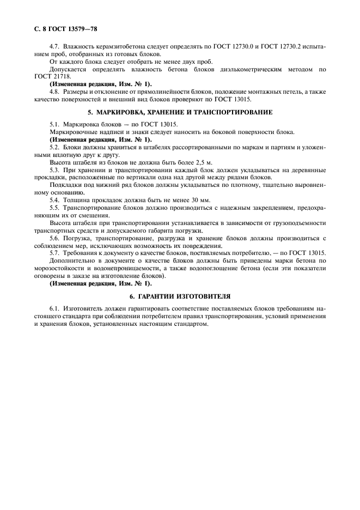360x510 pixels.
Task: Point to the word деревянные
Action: pos(303,170)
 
